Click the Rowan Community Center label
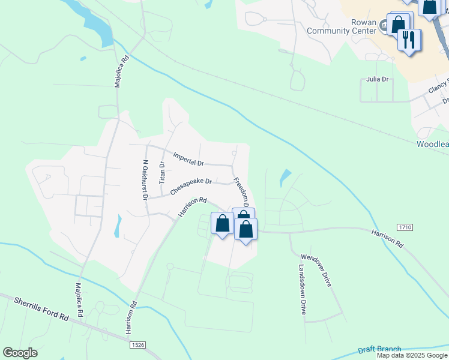pos(341,26)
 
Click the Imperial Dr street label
pos(188,159)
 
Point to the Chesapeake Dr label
pos(191,185)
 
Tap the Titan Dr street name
pos(161,172)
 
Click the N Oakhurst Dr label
pos(145,179)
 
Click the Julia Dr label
pos(377,79)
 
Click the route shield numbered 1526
pos(137,345)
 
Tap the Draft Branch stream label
pos(379,350)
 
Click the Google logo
pos(20,353)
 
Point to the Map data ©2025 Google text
pos(412,355)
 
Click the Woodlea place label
pos(432,145)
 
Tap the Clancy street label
pos(438,88)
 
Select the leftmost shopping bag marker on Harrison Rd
pos(222,224)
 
